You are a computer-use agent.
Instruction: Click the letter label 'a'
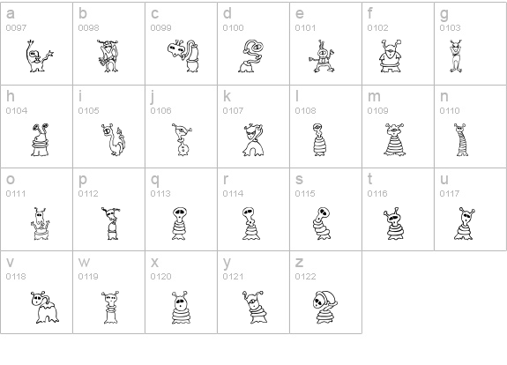[11, 14]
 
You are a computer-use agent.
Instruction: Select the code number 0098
[87, 28]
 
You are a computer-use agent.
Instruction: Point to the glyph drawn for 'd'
[250, 56]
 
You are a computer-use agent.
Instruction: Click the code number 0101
[305, 28]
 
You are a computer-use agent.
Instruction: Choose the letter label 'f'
[370, 14]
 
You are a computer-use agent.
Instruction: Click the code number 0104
[16, 111]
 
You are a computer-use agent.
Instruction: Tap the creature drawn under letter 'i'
[112, 139]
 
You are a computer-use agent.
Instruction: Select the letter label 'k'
[227, 97]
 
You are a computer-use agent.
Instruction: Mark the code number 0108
[305, 111]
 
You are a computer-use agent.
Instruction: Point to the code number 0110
[450, 111]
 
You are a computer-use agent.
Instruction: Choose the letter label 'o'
[11, 180]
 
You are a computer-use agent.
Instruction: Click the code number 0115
[305, 194]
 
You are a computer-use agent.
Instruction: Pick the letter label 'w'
[84, 263]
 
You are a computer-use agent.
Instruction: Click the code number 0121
[233, 277]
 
